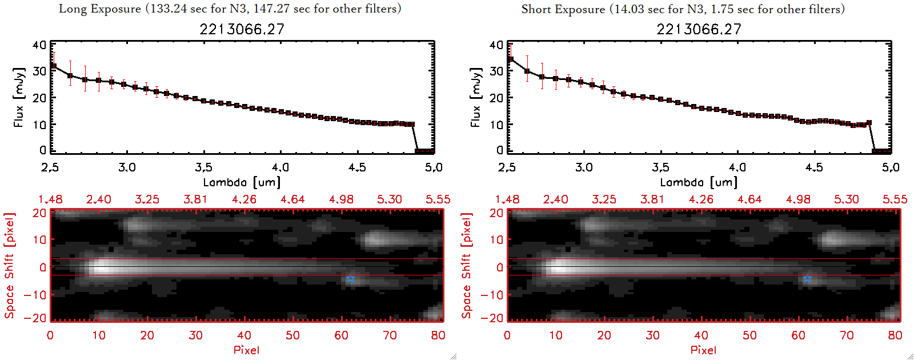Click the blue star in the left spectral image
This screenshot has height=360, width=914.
tap(350, 278)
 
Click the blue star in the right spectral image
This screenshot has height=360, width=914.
tap(807, 278)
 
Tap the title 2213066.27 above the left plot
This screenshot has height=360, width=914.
tap(242, 29)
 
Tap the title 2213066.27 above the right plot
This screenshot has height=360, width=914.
tap(699, 29)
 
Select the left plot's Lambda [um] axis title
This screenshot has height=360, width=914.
tap(242, 182)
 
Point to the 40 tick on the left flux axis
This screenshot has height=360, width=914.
tap(39, 45)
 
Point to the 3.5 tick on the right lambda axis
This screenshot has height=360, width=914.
tap(660, 167)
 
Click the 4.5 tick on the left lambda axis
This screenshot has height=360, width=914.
tap(357, 167)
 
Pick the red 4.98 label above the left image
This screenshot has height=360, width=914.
tap(341, 199)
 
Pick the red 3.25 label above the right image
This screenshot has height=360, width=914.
tap(604, 199)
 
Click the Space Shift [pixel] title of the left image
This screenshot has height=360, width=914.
tap(10, 266)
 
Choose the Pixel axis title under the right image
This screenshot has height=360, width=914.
tap(703, 350)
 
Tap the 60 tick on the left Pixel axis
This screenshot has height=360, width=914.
tap(341, 335)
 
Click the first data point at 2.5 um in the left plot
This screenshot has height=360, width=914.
tap(53, 66)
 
